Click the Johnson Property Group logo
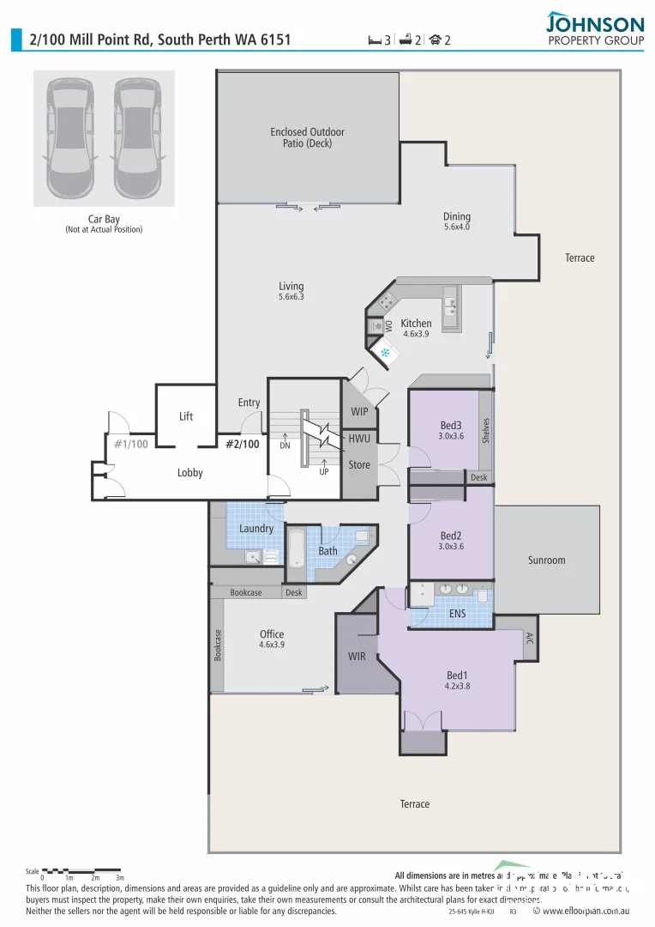point(594,28)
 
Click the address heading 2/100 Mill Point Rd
point(160,39)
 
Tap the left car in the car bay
point(70,137)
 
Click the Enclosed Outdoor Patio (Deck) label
point(307,138)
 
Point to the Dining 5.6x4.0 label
point(456,222)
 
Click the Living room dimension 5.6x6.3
point(291,297)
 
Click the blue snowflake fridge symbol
point(385,353)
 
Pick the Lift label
point(186,416)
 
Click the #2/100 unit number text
point(242,444)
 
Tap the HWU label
point(358,439)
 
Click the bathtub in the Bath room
point(296,554)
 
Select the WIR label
point(357,656)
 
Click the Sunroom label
point(546,560)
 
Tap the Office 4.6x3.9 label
point(272,639)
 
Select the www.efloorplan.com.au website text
point(587,912)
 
